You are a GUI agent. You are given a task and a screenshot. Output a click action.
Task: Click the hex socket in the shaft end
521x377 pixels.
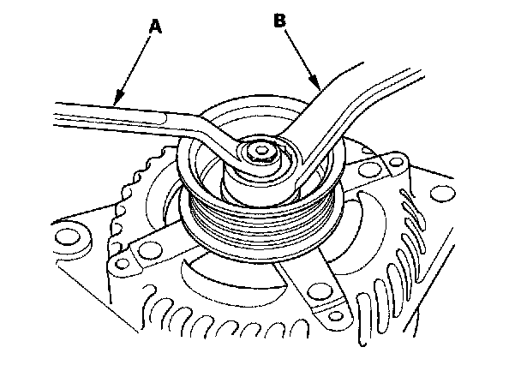click(x=260, y=154)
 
